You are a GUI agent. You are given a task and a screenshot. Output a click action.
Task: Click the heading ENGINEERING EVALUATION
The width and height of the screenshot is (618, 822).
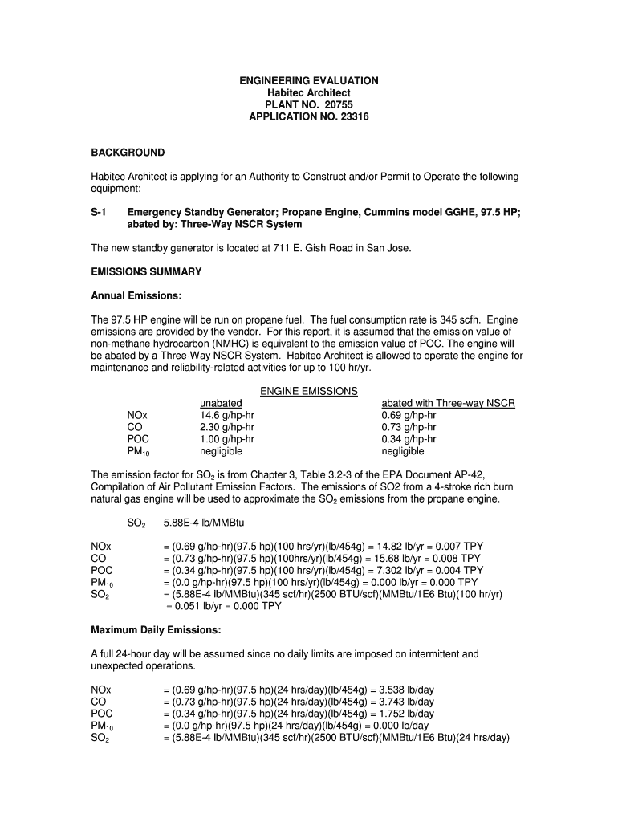tap(309, 81)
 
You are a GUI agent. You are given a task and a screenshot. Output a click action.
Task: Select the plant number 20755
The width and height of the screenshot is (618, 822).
tap(336, 104)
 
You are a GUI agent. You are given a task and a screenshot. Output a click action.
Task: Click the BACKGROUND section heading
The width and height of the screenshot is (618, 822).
tap(128, 153)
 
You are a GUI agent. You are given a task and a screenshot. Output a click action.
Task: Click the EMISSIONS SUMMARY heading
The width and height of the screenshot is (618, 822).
tap(146, 272)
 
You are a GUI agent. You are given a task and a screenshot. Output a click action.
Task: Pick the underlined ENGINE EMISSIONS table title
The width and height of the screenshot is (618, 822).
tap(309, 391)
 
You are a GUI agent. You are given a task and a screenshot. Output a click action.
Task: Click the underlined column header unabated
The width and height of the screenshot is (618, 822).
tap(221, 403)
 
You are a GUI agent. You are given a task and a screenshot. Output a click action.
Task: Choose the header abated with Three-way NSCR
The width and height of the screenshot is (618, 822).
tap(448, 403)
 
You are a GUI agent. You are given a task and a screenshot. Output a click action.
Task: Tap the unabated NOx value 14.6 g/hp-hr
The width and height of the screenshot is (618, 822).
tap(227, 415)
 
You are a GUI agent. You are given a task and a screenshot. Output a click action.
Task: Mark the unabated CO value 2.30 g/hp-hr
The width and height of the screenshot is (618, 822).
tap(227, 427)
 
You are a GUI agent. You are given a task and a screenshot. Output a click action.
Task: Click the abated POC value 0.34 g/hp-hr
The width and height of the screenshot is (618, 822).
tap(409, 439)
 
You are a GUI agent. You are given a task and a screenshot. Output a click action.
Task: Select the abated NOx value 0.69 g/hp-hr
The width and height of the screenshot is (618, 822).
tap(409, 415)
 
